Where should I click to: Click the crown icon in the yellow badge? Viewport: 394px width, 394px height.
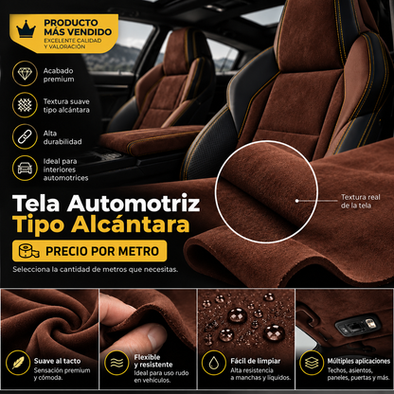click(27, 29)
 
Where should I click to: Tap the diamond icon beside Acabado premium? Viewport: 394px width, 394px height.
click(25, 74)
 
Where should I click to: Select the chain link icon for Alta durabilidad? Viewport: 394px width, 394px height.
click(25, 136)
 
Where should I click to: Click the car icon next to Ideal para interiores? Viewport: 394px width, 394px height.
click(25, 168)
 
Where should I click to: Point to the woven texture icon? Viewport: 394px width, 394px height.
click(25, 105)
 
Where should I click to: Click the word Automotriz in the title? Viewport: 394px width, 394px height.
click(134, 203)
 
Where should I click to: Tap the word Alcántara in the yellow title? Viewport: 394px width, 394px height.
click(130, 224)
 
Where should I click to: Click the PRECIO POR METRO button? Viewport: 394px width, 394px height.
click(89, 251)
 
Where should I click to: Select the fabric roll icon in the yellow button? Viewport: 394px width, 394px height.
click(28, 251)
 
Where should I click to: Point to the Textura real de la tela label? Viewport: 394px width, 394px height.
click(361, 201)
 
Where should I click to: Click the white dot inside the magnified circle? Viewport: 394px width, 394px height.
click(296, 201)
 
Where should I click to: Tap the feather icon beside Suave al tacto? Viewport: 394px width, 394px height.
click(18, 363)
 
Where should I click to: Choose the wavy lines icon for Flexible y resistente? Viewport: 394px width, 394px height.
click(116, 363)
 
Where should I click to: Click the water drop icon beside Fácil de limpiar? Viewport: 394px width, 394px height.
click(214, 363)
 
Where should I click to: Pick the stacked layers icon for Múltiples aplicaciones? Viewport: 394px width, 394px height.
click(312, 363)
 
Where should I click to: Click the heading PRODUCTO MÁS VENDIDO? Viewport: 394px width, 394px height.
click(78, 27)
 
